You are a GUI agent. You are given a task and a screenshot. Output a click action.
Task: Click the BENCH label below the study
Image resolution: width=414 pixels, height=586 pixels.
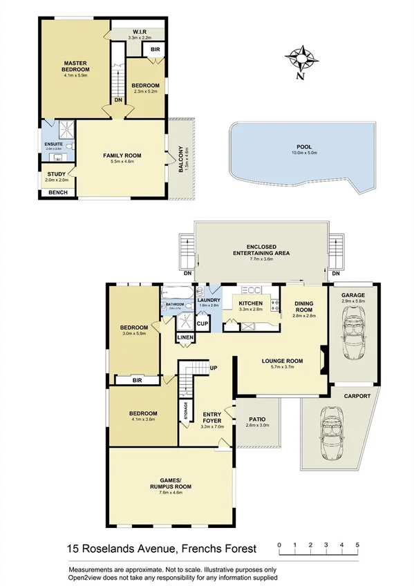pos(57,192)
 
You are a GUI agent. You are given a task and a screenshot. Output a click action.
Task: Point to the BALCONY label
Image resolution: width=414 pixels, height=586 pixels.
pos(181,159)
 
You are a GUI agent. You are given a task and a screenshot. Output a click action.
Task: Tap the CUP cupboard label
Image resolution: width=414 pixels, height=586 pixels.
pos(203,323)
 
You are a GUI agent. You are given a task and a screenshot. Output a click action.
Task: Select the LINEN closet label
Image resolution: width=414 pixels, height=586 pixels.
pos(185,337)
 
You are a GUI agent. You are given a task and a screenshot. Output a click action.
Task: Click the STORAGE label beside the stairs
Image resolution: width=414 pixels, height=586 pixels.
pos(185,411)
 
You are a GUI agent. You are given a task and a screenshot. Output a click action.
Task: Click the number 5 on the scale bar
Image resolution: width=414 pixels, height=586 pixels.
pos(357,545)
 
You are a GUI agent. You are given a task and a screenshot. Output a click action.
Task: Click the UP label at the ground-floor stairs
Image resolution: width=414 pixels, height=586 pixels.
pos(213,368)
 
